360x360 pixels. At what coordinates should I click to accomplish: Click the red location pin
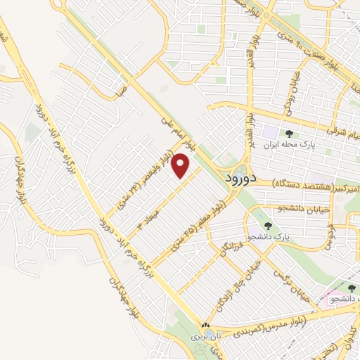pyautogui.click(x=182, y=166)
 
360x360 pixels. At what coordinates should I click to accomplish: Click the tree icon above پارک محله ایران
pyautogui.click(x=289, y=134)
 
